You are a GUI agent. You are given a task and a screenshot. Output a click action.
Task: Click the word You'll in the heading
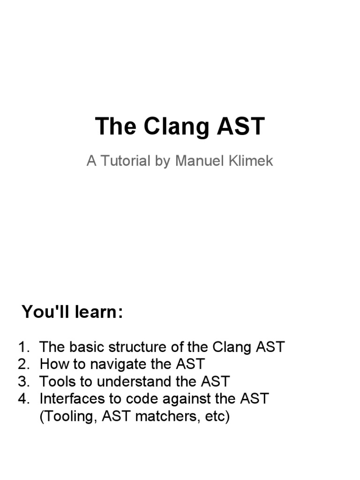tap(43, 312)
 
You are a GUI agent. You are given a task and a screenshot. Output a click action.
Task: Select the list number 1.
tap(23, 347)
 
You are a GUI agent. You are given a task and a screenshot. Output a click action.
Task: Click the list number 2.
tap(23, 364)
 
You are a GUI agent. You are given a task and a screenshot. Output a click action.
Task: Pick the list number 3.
tap(23, 382)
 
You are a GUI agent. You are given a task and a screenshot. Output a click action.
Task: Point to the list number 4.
tap(23, 399)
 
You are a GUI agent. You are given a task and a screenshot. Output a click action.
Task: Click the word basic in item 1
tap(87, 347)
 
